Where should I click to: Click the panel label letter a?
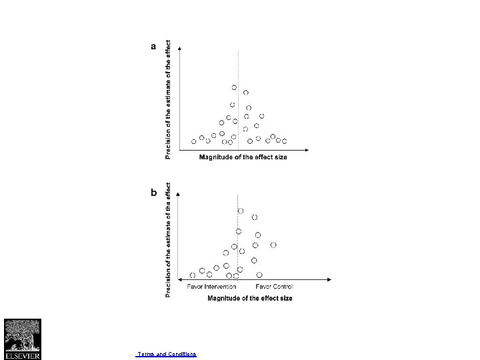tap(154, 47)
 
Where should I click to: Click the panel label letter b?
tap(154, 192)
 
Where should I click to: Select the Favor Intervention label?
tap(211, 287)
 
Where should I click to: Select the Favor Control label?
tap(274, 287)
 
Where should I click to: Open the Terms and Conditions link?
tap(166, 354)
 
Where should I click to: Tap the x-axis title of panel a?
tap(243, 157)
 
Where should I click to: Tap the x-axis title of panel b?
tap(250, 297)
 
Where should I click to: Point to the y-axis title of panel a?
tap(168, 98)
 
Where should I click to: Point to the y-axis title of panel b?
tap(168, 240)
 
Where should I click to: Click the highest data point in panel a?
tap(234, 87)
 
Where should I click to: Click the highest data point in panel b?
tap(241, 211)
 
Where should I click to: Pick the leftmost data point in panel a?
tap(194, 141)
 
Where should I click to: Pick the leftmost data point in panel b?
tap(193, 275)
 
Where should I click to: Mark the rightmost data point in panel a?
tap(284, 141)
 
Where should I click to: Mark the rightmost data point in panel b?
tap(273, 245)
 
